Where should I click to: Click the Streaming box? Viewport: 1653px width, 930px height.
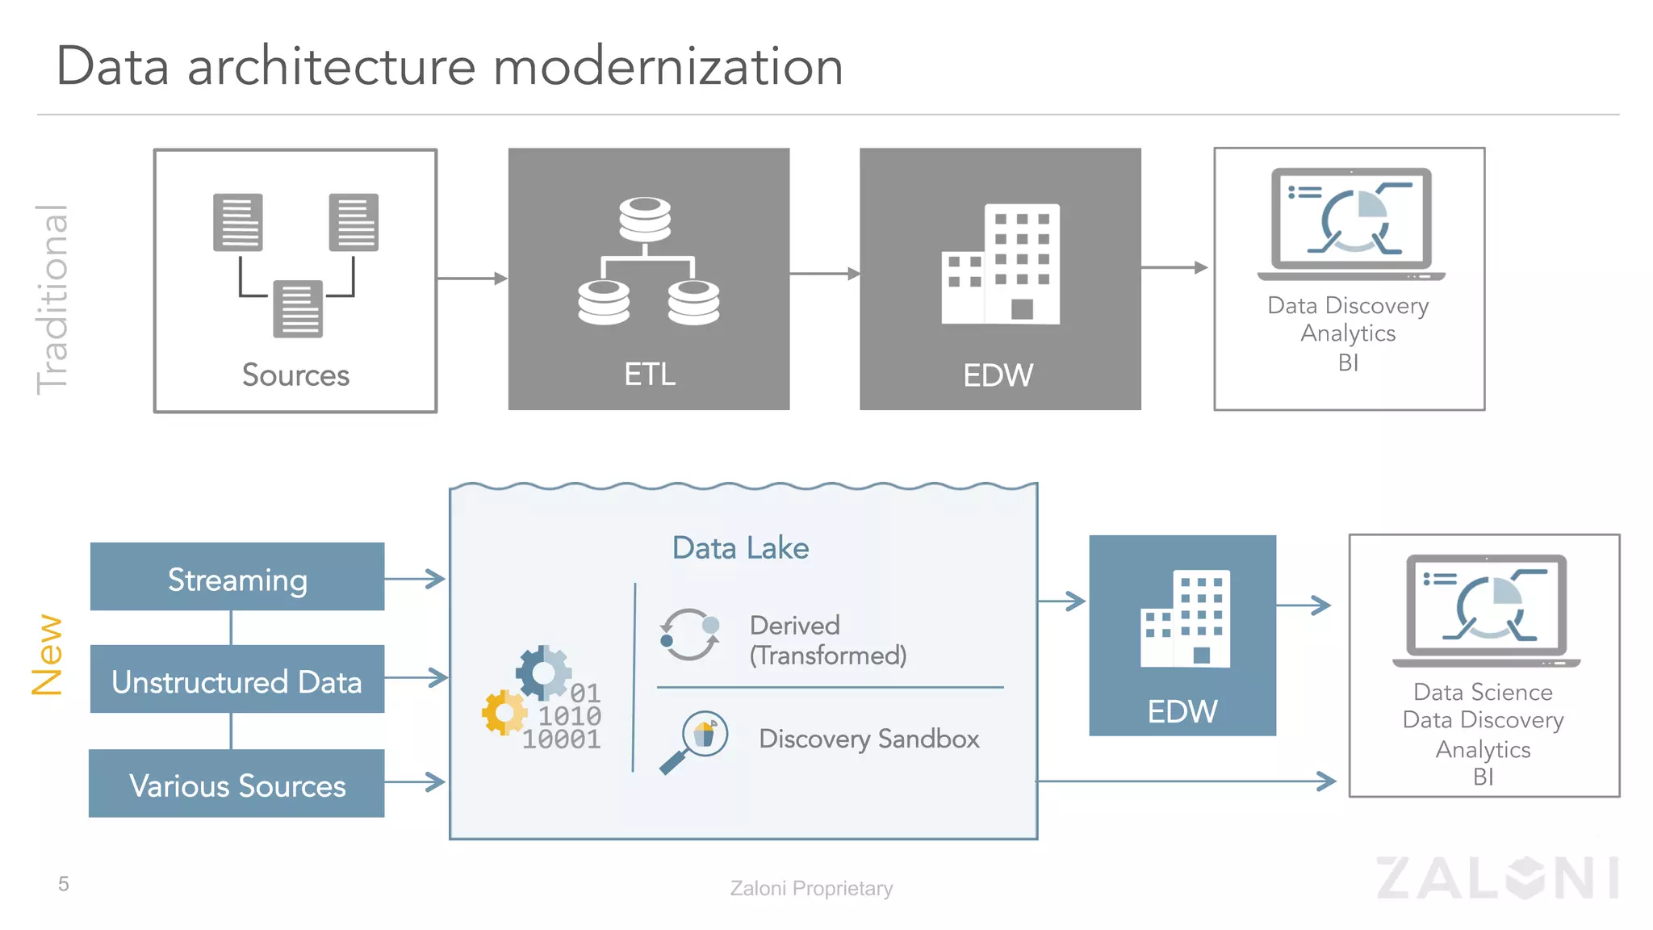click(x=237, y=577)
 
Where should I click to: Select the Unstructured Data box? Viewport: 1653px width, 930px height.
click(x=237, y=680)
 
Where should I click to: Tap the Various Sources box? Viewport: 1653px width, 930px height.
click(x=237, y=784)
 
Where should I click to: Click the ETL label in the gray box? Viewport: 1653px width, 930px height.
click(x=650, y=375)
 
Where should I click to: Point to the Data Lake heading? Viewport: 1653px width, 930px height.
click(x=740, y=548)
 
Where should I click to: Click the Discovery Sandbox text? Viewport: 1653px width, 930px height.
click(x=868, y=739)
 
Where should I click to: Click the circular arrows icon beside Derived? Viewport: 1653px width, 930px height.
click(x=689, y=635)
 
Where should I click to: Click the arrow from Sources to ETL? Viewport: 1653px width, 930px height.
click(x=472, y=279)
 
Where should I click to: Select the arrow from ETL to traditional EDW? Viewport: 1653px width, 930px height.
click(x=824, y=274)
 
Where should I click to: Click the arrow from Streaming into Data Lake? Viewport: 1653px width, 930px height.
click(x=415, y=578)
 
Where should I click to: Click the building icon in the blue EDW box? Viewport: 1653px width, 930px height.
click(x=1185, y=618)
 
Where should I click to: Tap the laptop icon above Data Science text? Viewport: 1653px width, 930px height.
click(x=1486, y=610)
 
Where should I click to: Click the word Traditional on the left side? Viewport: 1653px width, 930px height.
click(x=52, y=300)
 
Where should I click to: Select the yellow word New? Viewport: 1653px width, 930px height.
click(x=48, y=655)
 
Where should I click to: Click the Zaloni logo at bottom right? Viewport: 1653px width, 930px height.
click(x=1497, y=878)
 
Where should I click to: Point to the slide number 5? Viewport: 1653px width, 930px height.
click(x=64, y=884)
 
